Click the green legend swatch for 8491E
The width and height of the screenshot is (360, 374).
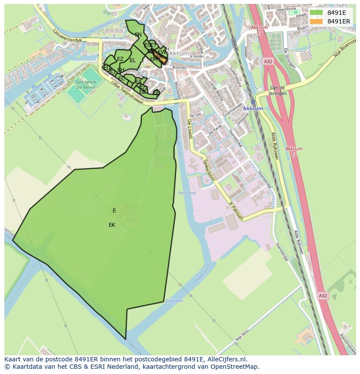coord(317,13)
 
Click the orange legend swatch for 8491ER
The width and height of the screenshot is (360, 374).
coord(317,21)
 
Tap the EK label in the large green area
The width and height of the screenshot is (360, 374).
coord(112,225)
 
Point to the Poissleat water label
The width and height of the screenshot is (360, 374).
coord(187,193)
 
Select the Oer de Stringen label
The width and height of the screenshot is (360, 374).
coord(278,90)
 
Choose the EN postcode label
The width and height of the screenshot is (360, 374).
coord(138,35)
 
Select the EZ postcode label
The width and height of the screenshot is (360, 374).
coord(120,59)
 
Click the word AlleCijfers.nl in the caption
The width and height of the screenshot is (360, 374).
coord(227,359)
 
